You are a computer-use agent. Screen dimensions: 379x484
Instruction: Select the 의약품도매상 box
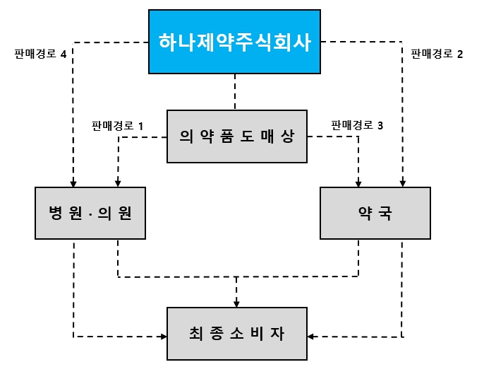click(236, 136)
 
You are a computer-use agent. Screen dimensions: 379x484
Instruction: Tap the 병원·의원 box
click(90, 213)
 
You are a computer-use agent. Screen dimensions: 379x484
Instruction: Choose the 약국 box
click(375, 213)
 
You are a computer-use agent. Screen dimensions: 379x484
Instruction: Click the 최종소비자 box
click(236, 334)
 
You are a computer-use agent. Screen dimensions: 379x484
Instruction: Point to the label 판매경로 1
click(118, 126)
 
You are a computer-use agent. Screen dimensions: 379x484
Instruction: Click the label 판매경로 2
click(437, 54)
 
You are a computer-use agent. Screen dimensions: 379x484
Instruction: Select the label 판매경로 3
click(358, 126)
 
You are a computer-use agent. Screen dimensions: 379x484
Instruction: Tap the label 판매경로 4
click(40, 54)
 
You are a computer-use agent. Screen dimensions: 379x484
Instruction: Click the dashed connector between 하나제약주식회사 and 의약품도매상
click(236, 92)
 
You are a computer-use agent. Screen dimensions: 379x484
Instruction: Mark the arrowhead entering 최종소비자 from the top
click(236, 303)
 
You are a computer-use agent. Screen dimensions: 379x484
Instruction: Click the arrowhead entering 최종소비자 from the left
click(162, 336)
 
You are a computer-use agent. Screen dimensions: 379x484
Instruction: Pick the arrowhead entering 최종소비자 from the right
click(313, 336)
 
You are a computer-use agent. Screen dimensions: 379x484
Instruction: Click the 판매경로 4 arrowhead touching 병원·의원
click(73, 182)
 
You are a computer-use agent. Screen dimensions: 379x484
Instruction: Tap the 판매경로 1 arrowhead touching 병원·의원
click(118, 182)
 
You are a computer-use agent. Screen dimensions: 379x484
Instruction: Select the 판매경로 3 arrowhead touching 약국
click(358, 182)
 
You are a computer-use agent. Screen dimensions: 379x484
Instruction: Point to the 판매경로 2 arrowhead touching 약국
click(402, 182)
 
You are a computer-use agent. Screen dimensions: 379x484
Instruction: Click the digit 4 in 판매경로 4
click(63, 54)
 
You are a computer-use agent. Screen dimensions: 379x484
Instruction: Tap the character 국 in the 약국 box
click(385, 213)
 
